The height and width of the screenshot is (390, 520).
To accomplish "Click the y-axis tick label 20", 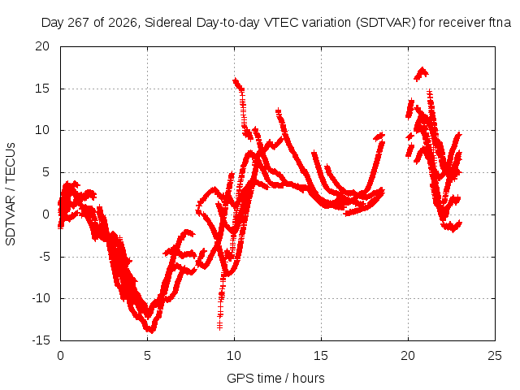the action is click(x=42, y=46).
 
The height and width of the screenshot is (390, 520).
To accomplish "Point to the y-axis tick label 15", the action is click(x=42, y=89).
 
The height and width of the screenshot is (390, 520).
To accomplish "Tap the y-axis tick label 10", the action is click(x=42, y=130).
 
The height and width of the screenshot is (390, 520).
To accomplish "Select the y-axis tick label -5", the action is click(x=42, y=257).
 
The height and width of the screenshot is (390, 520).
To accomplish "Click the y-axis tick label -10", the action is click(x=41, y=298).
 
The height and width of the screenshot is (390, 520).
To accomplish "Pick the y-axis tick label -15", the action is click(x=41, y=340).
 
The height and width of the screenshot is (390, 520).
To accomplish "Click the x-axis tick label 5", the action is click(x=147, y=356).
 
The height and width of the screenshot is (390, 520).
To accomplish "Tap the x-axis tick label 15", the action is click(x=321, y=356).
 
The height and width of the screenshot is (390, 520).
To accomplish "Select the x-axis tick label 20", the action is click(x=408, y=356).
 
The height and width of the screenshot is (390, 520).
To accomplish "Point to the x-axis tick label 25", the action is click(x=495, y=356).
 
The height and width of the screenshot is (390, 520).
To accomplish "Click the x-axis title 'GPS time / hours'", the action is click(x=275, y=379).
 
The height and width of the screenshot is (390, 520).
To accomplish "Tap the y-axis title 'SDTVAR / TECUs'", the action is click(x=11, y=194).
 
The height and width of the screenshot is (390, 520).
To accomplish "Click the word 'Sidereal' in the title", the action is click(x=168, y=23).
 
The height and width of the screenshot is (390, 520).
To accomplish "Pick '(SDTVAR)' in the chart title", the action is click(x=386, y=23).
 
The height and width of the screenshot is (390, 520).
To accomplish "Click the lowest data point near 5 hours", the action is click(x=151, y=331).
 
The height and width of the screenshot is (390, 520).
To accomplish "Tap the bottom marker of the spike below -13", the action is click(x=219, y=327).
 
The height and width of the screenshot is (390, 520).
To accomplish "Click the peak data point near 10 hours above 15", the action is click(x=236, y=80).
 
